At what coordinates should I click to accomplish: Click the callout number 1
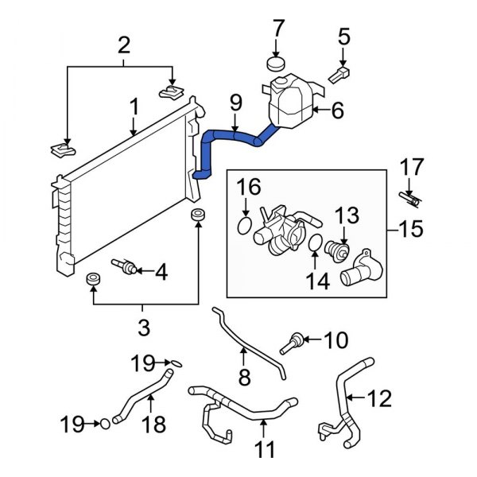tap(134, 106)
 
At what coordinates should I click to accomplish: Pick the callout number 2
tap(122, 46)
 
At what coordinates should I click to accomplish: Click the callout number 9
tap(235, 102)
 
